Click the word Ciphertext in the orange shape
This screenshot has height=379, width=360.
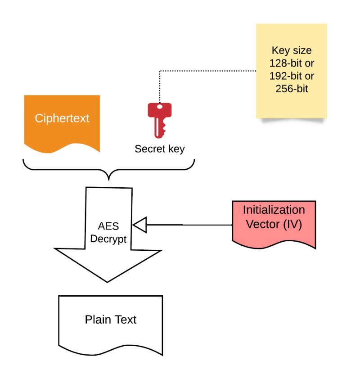coord(62,118)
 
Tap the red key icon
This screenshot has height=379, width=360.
coord(160,120)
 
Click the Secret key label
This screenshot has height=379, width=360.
coord(160,149)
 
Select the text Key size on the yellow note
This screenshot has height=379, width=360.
coord(292,50)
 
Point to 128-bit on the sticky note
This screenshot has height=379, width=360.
coord(285,63)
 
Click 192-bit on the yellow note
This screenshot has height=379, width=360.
coord(285,76)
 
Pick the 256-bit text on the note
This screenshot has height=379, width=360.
coord(292,89)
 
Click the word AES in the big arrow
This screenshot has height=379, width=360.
coord(108,226)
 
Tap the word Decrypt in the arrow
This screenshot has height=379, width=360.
coord(108,239)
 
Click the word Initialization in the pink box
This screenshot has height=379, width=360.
coord(274,210)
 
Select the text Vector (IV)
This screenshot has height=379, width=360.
coord(274,224)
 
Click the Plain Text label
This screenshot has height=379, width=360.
coord(111,320)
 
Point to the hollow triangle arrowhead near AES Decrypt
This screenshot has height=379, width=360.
coord(140,225)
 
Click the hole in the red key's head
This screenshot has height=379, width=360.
coord(160,107)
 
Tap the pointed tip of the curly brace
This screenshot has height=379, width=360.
coord(109,180)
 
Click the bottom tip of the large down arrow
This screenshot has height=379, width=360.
coord(107,282)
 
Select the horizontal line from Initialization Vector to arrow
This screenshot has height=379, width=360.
coord(189,225)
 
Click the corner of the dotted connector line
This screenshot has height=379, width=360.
coord(160,71)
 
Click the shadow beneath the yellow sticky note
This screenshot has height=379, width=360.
coord(293,120)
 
